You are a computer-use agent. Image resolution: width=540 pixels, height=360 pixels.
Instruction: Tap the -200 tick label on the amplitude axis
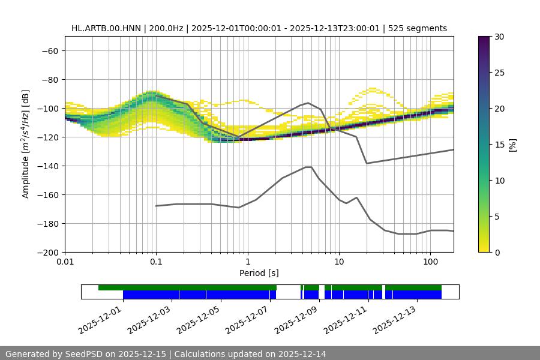coord(47,252)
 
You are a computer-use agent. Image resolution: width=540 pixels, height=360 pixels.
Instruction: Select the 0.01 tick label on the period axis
coord(65,262)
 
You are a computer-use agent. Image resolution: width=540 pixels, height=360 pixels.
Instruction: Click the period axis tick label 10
coord(338,262)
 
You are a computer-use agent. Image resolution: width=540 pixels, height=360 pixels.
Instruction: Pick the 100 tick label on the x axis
coord(430,262)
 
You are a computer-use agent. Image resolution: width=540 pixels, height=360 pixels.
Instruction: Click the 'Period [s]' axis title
coord(259,273)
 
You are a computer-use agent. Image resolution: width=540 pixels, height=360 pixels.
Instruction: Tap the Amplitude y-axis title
coord(25,144)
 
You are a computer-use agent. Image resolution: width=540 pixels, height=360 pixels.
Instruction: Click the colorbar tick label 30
coord(499,37)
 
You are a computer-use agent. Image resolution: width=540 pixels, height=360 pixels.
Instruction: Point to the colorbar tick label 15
coord(499,145)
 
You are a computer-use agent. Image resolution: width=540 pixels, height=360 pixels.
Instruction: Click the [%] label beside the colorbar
coord(512,145)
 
